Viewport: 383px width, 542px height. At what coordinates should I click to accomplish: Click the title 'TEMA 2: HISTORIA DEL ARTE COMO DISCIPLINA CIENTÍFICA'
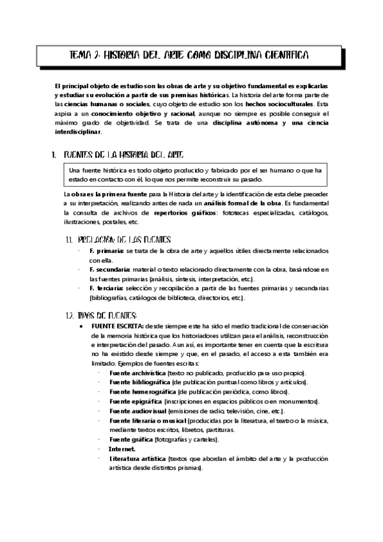(x=189, y=56)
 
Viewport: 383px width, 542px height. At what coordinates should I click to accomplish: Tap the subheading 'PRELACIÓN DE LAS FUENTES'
(x=124, y=240)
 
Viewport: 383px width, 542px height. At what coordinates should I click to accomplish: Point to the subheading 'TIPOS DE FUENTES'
(x=106, y=316)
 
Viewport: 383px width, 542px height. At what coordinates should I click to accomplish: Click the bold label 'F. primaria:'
(x=107, y=251)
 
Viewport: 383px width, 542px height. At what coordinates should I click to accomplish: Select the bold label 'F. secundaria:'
(x=111, y=270)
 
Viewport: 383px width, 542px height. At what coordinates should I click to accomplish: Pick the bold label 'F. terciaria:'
(x=109, y=289)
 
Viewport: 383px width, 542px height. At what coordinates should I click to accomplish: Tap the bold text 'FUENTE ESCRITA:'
(x=117, y=325)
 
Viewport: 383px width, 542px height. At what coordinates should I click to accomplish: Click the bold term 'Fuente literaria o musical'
(x=147, y=421)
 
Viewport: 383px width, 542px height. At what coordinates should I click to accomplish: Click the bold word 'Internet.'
(x=122, y=449)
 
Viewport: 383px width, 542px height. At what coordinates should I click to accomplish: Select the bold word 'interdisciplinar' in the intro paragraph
(x=78, y=131)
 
